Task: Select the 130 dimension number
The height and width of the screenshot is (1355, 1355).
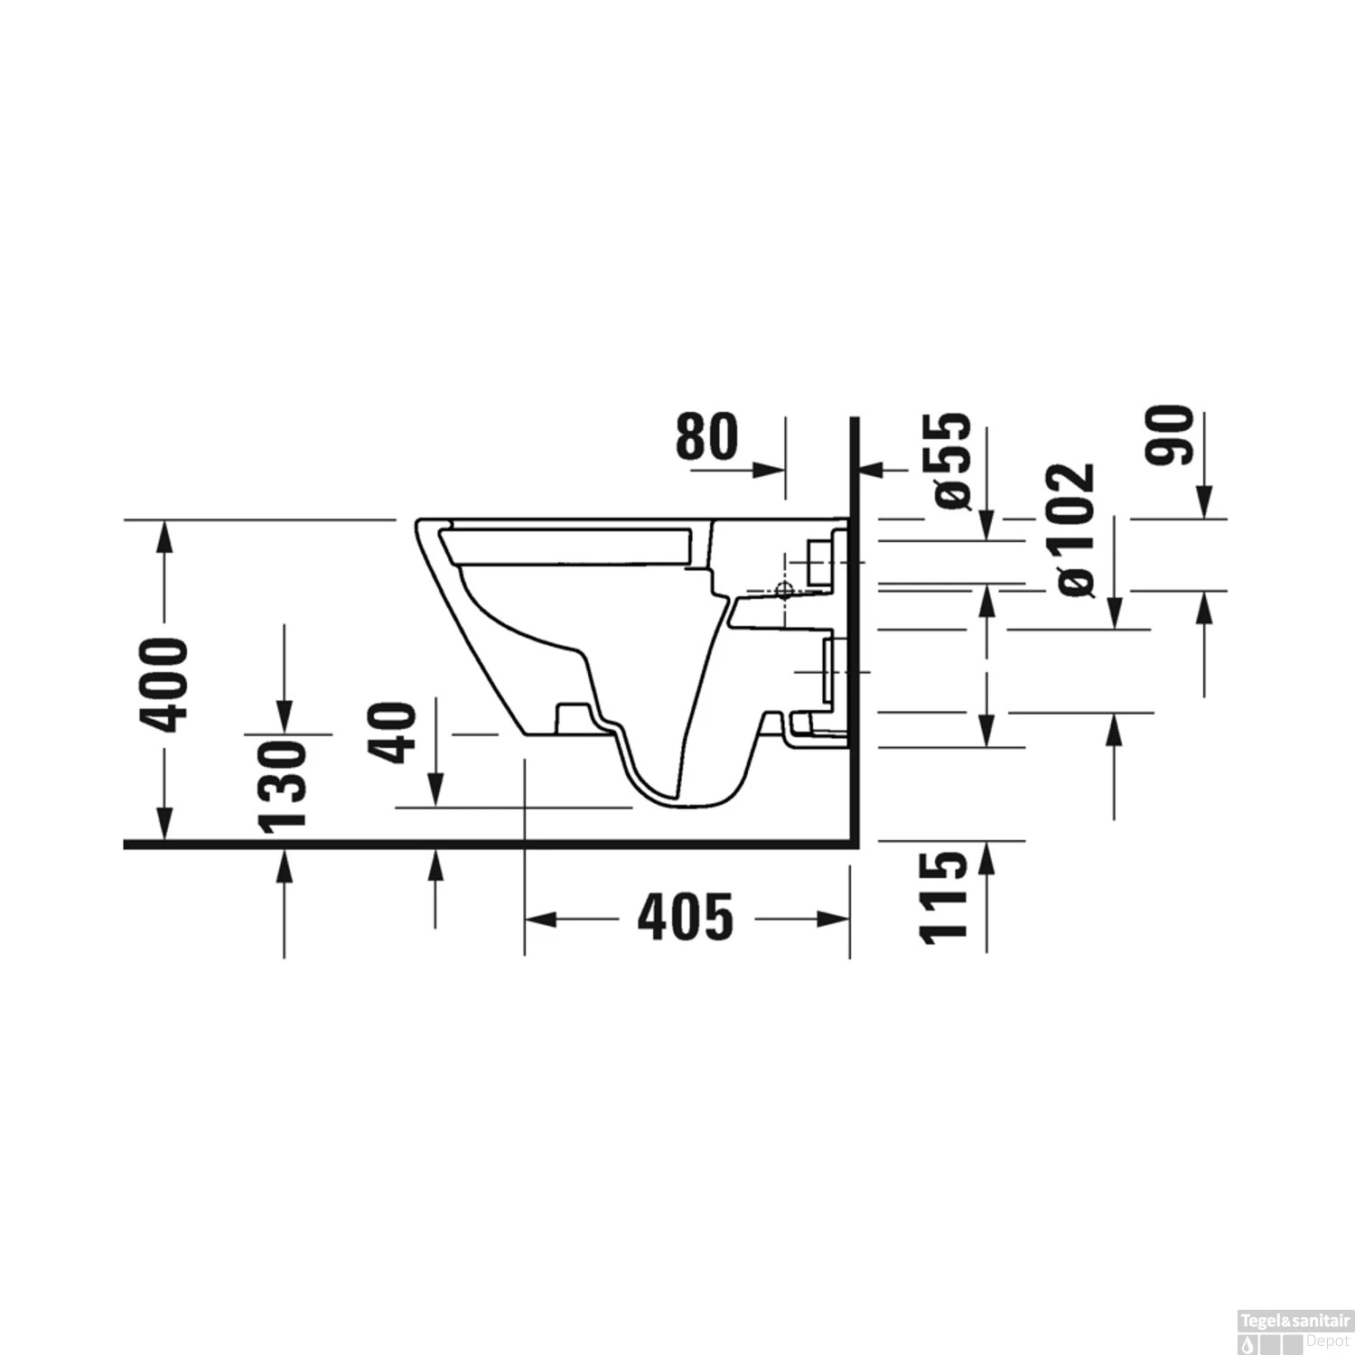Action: pos(283,784)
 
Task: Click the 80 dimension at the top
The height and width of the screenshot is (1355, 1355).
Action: pos(706,436)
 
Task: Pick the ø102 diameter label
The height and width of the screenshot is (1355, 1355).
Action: pos(1077,529)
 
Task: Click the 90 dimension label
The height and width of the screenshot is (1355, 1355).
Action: pos(1170,435)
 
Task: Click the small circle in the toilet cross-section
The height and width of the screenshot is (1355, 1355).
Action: pos(784,592)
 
